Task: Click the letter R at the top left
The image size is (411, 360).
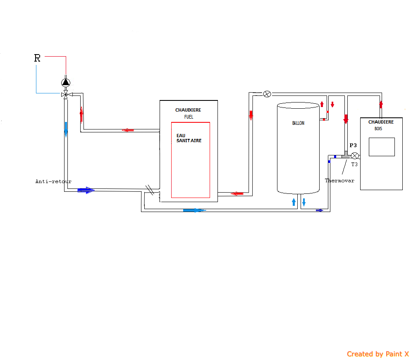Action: [37, 58]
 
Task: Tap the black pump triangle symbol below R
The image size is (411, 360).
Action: [65, 82]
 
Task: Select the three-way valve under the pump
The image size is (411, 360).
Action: [65, 95]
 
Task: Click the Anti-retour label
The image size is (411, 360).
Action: [53, 181]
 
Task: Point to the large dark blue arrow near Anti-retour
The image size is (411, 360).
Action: [86, 190]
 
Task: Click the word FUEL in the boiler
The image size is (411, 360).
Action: [189, 117]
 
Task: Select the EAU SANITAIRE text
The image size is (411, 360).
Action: [189, 138]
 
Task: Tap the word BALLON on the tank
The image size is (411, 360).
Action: [298, 123]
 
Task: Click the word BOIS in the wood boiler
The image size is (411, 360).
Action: [378, 129]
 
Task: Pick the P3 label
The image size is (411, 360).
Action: [353, 145]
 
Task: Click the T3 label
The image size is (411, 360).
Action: [354, 165]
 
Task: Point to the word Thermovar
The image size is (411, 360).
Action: [339, 181]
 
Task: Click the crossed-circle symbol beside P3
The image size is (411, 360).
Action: [355, 156]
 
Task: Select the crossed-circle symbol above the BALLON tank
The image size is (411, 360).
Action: [267, 94]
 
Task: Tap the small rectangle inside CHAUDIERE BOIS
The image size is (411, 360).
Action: [382, 147]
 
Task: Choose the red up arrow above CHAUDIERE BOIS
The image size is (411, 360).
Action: [381, 104]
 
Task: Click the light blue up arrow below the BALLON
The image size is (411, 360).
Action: [294, 202]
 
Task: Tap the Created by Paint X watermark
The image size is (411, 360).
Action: [378, 354]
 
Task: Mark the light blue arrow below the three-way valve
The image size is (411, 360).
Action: [66, 129]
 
